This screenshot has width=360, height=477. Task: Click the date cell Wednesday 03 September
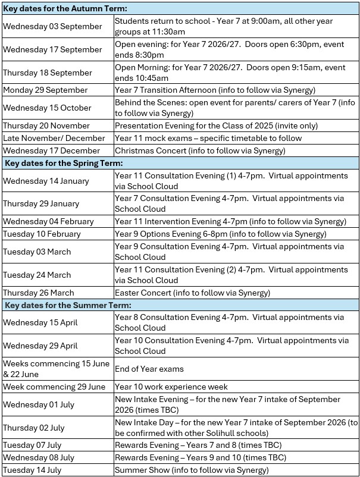pos(52,26)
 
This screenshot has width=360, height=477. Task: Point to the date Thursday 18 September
pos(48,73)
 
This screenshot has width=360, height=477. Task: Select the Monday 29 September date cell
pos(45,90)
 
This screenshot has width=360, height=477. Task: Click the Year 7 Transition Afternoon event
pos(215,90)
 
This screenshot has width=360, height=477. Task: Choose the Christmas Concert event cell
pos(208,150)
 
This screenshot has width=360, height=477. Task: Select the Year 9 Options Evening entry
pos(220,234)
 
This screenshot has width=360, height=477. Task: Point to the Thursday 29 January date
pos(41,203)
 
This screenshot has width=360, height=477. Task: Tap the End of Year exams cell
pos(149,369)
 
